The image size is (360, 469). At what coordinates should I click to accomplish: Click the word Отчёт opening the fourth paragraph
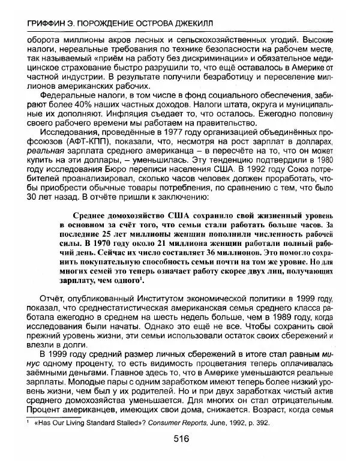click(x=52, y=293)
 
